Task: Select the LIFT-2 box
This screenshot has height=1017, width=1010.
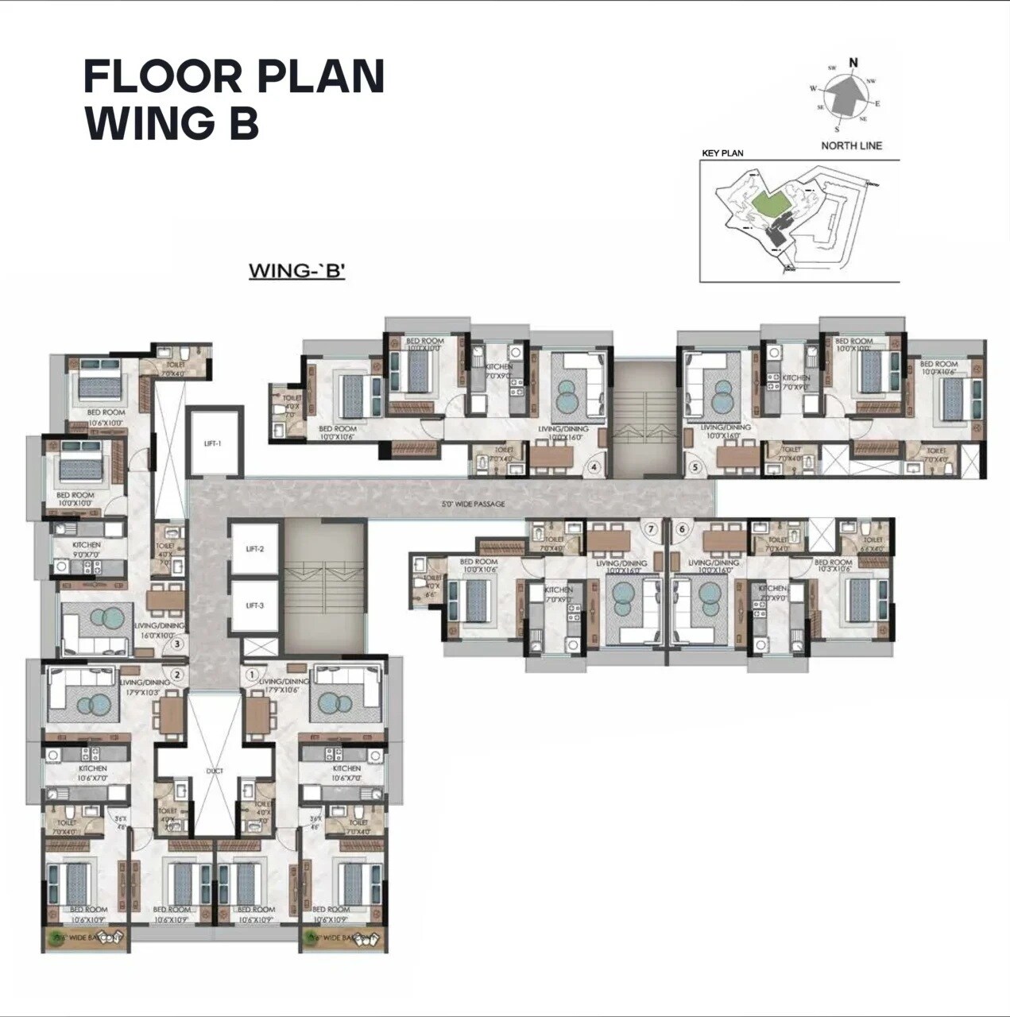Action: click(254, 549)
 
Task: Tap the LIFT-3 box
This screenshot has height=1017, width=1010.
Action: click(254, 605)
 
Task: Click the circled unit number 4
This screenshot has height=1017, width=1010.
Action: click(594, 467)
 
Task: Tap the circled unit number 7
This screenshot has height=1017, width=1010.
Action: click(651, 528)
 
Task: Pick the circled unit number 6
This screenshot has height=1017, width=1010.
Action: click(680, 528)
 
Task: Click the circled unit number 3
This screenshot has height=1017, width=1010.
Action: click(178, 644)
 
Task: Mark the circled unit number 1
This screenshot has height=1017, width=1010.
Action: click(252, 675)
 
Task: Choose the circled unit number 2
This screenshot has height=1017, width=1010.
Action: click(178, 675)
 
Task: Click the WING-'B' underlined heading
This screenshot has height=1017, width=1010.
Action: click(296, 270)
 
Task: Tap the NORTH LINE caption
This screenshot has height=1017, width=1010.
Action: click(852, 145)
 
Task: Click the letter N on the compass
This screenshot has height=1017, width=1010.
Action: click(854, 63)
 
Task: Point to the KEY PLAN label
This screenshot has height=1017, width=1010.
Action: click(722, 153)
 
